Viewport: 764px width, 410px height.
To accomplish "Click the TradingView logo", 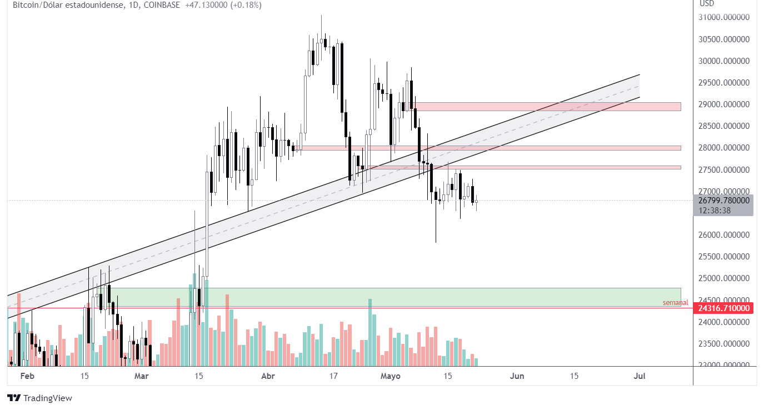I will point(39,398).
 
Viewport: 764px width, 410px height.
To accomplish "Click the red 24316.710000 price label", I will point(723,308).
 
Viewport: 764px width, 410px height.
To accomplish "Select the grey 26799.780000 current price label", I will point(723,201).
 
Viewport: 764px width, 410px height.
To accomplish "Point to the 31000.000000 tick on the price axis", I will point(723,17).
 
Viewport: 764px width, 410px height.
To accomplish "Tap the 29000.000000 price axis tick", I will point(723,104).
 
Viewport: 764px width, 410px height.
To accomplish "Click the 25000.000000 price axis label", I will point(723,278).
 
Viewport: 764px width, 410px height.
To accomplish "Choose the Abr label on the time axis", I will point(268,376).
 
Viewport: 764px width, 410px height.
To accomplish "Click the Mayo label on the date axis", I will point(390,376).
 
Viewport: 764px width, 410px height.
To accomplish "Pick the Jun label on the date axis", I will point(517,376).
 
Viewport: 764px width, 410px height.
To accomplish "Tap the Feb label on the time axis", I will point(27,376).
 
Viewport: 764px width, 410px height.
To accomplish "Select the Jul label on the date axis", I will point(639,376).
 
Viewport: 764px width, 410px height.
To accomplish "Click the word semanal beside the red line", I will point(675,303).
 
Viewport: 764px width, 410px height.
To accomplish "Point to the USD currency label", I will point(707,3).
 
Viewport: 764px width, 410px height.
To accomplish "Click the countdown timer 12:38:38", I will point(715,211).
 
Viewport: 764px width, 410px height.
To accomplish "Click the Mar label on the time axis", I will point(142,376).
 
